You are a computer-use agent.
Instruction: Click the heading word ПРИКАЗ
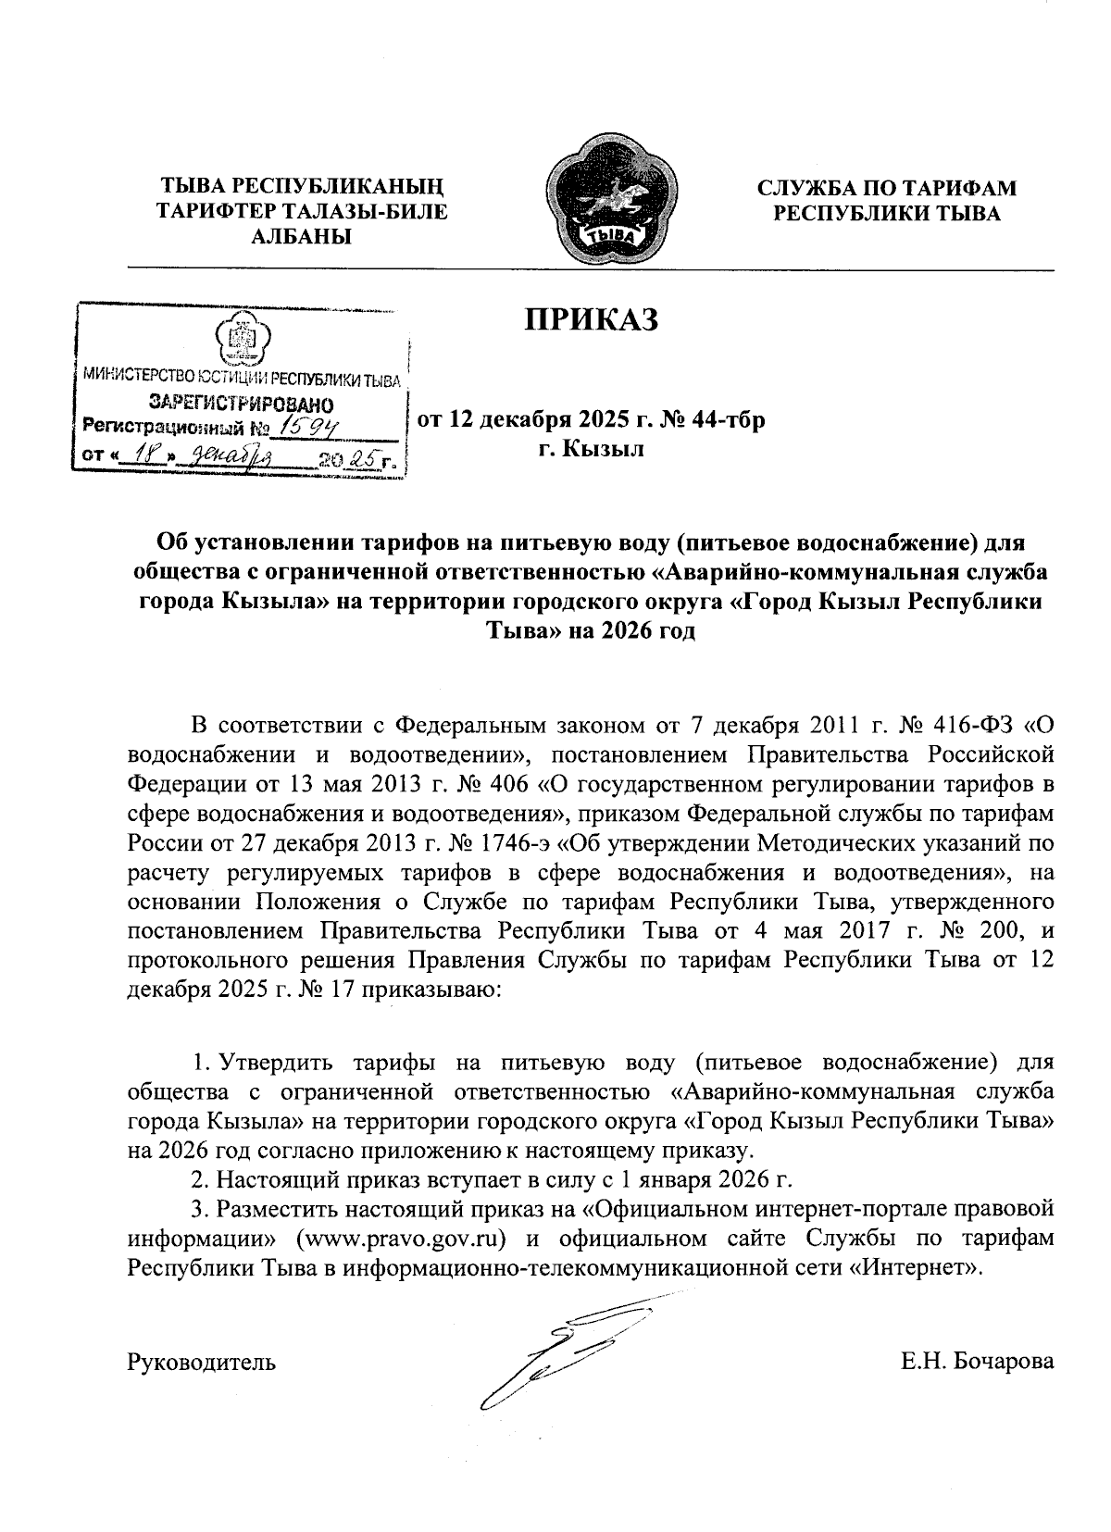(592, 319)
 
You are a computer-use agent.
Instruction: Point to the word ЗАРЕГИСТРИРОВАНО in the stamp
(242, 404)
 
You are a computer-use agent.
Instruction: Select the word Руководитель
(201, 1362)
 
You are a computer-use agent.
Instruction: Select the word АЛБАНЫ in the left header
(302, 237)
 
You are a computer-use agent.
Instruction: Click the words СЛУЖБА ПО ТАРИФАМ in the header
(886, 188)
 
